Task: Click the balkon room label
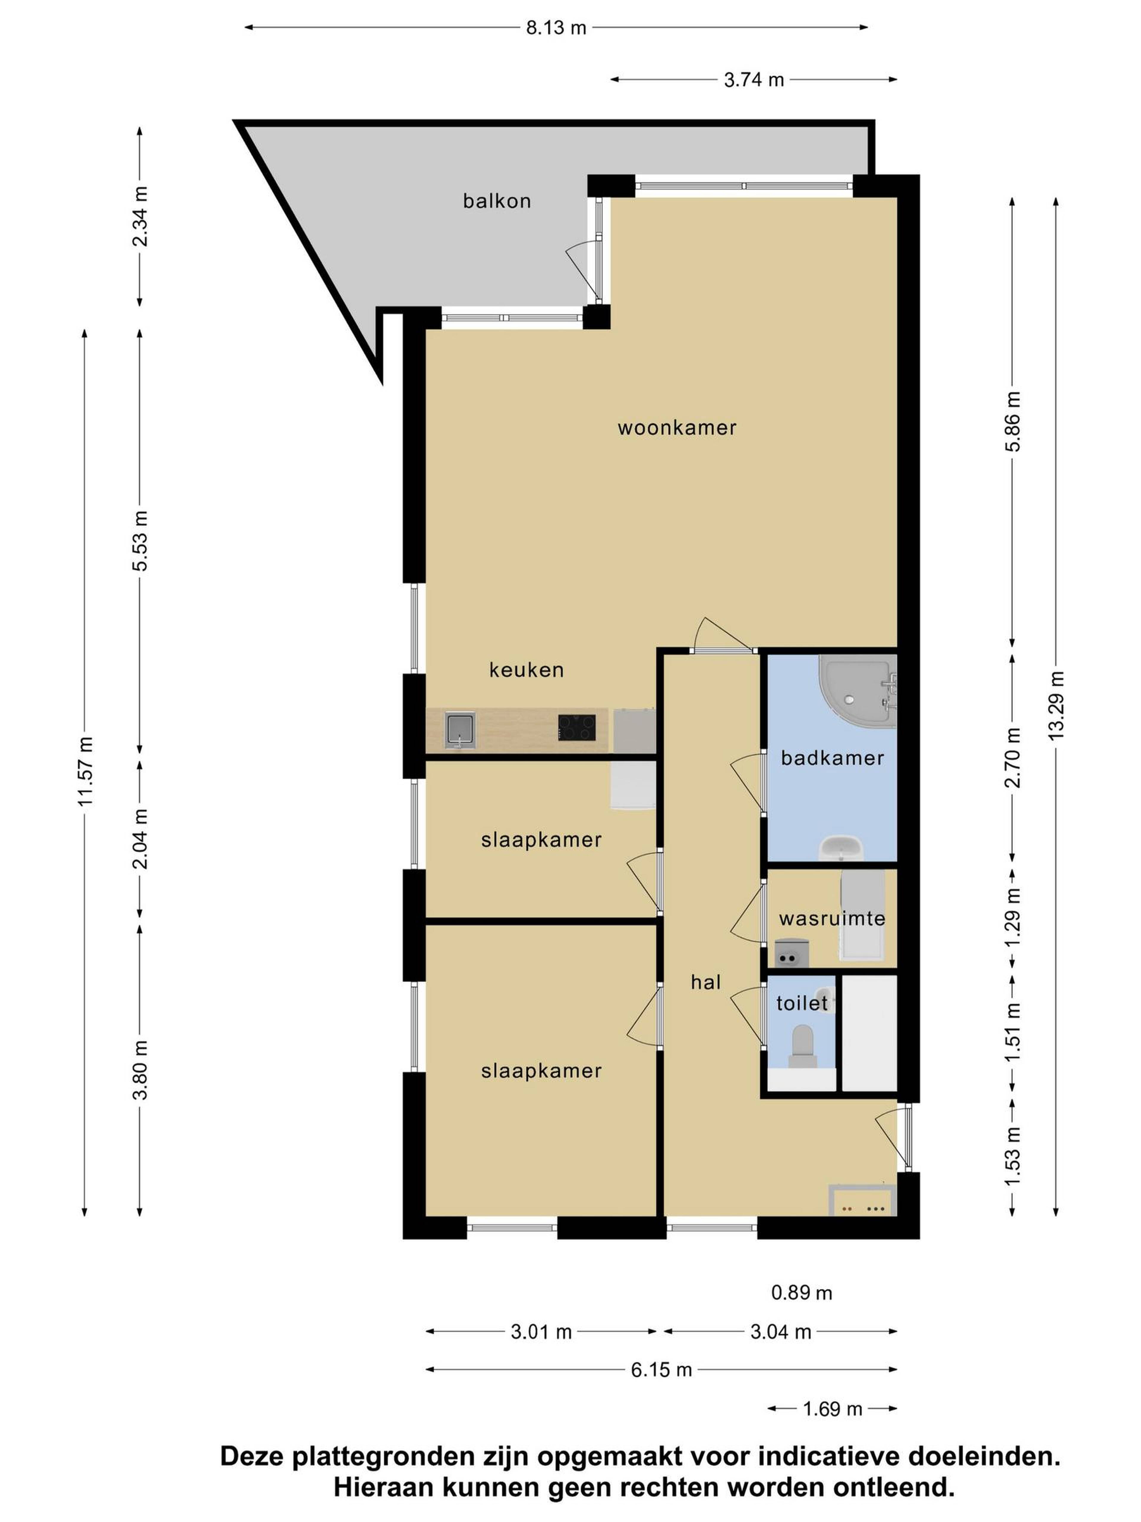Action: pos(497,201)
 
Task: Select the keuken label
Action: pos(526,669)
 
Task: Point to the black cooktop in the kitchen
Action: pos(576,727)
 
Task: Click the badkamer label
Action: pos(832,758)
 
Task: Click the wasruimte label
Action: pos(832,919)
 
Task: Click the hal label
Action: pos(706,982)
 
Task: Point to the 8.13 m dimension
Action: pos(556,28)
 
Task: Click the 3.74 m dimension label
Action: pos(754,80)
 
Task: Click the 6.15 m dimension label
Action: pos(661,1370)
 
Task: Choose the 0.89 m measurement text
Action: pos(801,1293)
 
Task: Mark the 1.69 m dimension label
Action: pos(832,1409)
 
